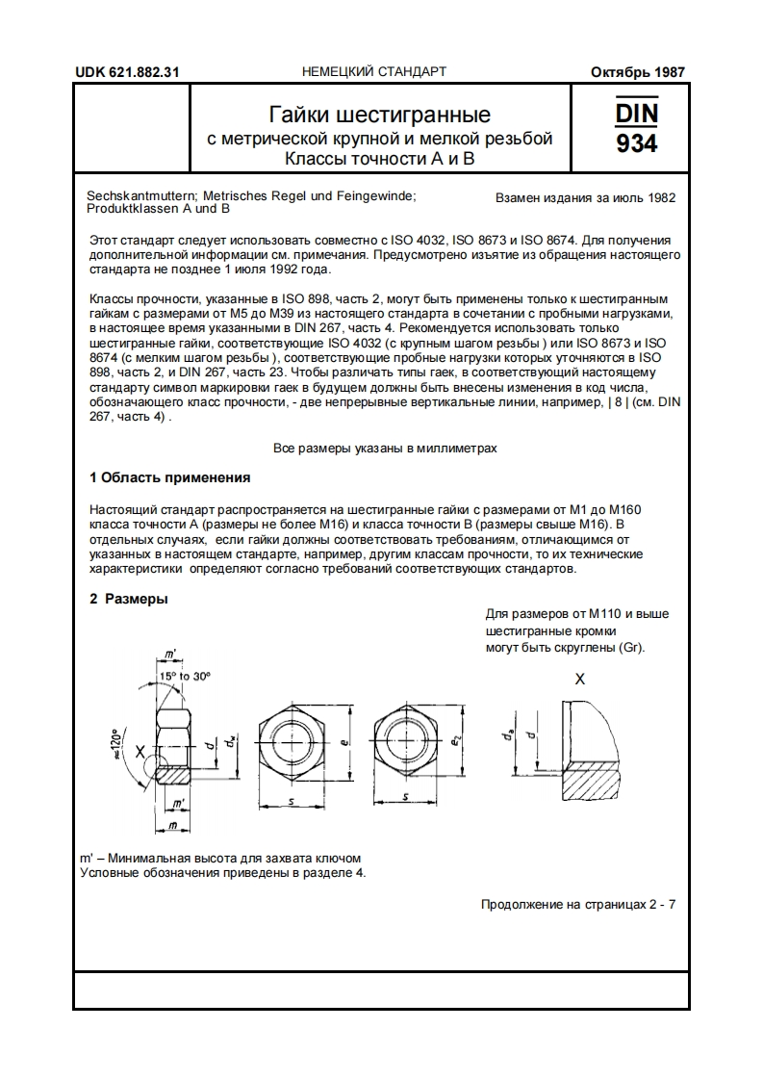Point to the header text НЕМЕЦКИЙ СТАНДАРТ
pos(374,72)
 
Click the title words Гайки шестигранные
pos(380,116)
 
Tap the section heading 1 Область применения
pos(169,477)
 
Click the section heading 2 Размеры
pos(129,599)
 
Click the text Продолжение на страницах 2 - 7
pos(577,905)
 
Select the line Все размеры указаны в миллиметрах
pos(385,449)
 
